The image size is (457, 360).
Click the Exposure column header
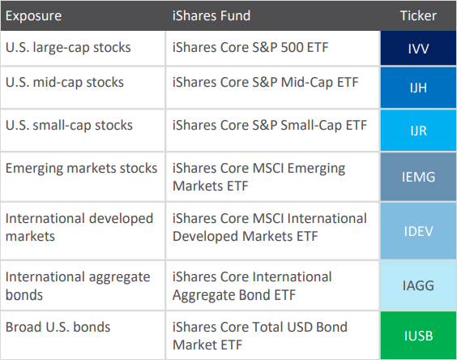[x=33, y=16]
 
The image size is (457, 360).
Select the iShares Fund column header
[x=211, y=15]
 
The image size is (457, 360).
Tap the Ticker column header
[x=418, y=15]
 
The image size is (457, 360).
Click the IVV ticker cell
[x=418, y=48]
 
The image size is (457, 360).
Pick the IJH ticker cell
[x=418, y=88]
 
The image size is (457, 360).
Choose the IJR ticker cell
[x=418, y=131]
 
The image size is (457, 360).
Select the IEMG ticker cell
[x=418, y=177]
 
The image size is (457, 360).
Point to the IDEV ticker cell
[x=418, y=231]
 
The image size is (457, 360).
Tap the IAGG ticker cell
[x=418, y=285]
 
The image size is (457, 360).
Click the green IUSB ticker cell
[x=418, y=336]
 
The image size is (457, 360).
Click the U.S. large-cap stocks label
[x=68, y=48]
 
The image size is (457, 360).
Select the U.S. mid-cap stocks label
[x=65, y=83]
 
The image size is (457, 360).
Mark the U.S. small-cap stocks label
[x=69, y=126]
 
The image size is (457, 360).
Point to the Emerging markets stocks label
[x=81, y=169]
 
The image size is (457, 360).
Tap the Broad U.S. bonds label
[x=58, y=327]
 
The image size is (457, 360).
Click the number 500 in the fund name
[x=292, y=48]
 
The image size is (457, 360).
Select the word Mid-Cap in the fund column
[x=307, y=83]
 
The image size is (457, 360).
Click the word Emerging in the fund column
[x=316, y=169]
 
